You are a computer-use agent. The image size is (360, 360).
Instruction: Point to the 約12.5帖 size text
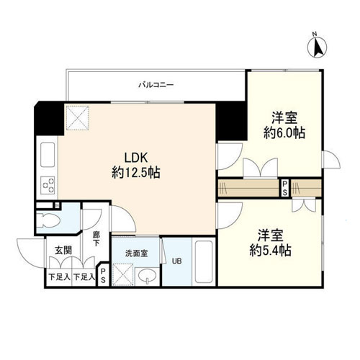tap(135, 173)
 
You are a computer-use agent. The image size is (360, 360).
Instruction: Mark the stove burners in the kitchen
tap(48, 186)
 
